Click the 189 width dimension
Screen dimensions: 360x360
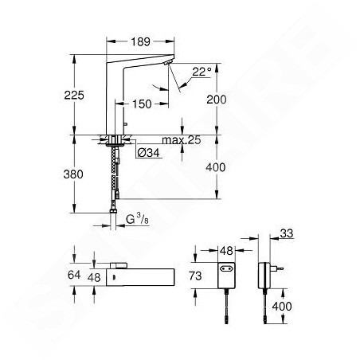coord(140,41)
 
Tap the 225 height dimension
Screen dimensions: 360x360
coord(74,95)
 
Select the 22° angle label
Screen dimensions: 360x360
coord(202,72)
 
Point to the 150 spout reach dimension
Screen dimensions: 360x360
coord(142,104)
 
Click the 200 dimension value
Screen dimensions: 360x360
coord(217,100)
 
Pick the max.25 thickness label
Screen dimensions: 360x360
coord(182,140)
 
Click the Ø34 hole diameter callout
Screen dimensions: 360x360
coord(149,153)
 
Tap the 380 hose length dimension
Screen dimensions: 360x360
coord(73,174)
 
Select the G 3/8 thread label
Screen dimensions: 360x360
coord(137,219)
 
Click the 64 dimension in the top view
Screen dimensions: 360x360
coord(74,275)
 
